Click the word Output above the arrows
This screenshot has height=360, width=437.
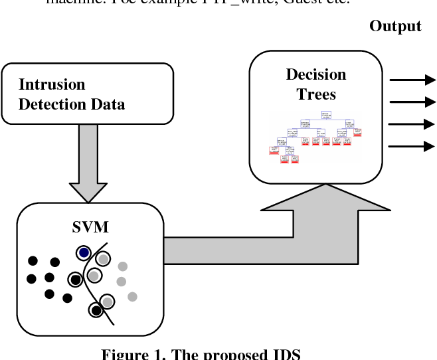coord(395,26)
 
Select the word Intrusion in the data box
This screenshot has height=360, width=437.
coord(52,85)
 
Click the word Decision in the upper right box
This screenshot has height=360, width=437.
coord(316,74)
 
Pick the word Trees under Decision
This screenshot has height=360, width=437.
coord(316,94)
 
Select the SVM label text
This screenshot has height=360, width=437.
coord(90,228)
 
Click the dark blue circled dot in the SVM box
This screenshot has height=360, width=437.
coord(83,252)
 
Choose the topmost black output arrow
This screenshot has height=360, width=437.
coord(412,80)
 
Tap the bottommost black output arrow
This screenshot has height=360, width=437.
coord(412,147)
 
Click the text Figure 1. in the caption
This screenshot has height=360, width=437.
coord(130,354)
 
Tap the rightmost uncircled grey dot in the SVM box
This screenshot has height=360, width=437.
coord(132,296)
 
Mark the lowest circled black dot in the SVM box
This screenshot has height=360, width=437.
coord(97,310)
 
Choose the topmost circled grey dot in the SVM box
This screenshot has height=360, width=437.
coord(103,258)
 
